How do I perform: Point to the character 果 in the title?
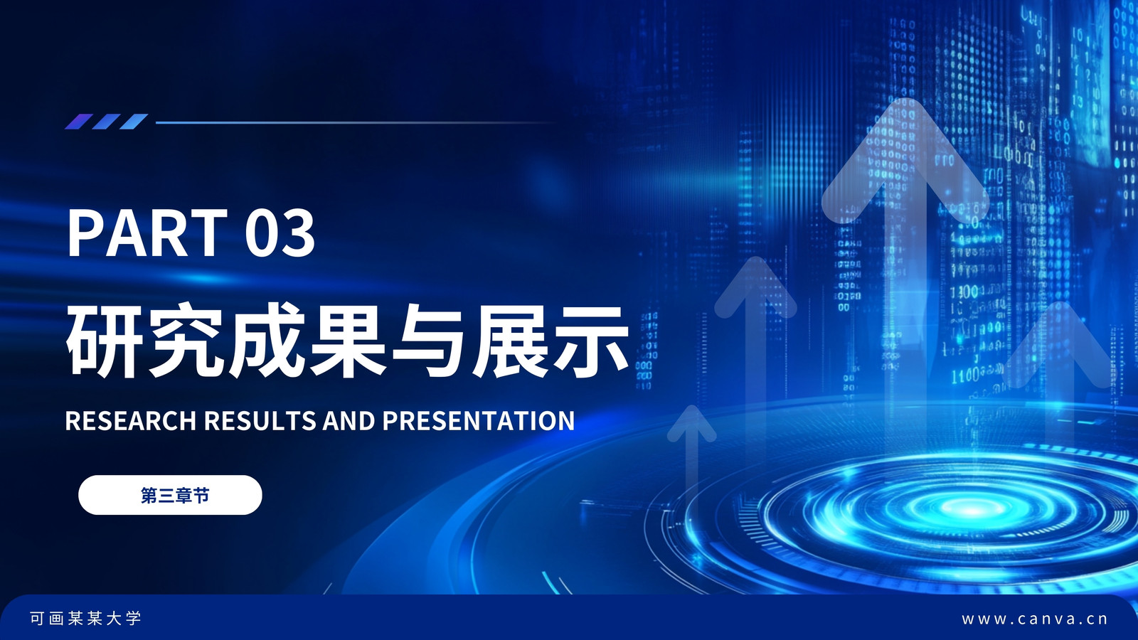click(x=349, y=340)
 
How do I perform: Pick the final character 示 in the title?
click(x=591, y=340)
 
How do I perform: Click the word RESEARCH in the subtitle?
click(x=131, y=420)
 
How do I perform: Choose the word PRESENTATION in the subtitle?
click(x=479, y=420)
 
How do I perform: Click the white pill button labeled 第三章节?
click(x=170, y=495)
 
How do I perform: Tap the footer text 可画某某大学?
click(x=85, y=618)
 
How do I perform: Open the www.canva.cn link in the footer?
click(x=1035, y=619)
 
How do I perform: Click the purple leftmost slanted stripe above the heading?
click(x=79, y=122)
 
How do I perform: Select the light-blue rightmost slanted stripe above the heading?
click(x=134, y=122)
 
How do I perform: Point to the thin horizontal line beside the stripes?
click(x=356, y=122)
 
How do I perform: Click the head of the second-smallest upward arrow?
click(x=756, y=287)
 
